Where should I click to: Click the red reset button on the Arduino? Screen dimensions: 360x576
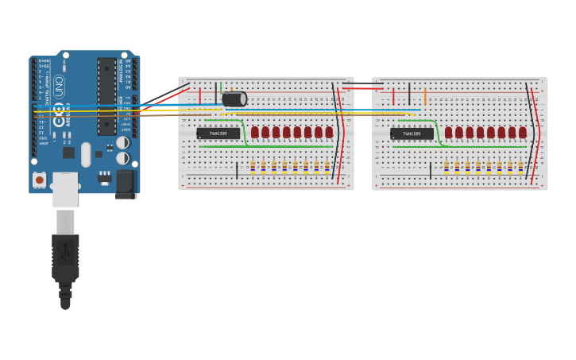[x=39, y=180]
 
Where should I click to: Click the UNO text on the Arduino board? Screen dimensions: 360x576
[x=60, y=87]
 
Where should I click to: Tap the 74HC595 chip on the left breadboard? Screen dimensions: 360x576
[x=218, y=134]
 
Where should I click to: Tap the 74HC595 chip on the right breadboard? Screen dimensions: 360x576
[x=412, y=134]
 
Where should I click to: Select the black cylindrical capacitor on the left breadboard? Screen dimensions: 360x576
[x=234, y=99]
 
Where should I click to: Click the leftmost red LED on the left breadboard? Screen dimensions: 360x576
[x=255, y=132]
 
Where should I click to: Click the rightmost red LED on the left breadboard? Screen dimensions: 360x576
[x=329, y=132]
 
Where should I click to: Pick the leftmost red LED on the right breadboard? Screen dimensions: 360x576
[x=449, y=132]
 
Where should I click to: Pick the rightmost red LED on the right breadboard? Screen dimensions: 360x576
[x=523, y=132]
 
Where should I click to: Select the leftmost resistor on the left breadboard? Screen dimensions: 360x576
[x=253, y=166]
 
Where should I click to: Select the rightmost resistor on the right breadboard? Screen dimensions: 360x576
[x=520, y=166]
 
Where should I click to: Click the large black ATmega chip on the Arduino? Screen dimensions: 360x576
[x=106, y=95]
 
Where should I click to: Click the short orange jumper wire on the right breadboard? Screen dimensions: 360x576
[x=425, y=97]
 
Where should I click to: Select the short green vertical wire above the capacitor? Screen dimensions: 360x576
[x=221, y=88]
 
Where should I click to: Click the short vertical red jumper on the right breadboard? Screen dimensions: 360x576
[x=393, y=97]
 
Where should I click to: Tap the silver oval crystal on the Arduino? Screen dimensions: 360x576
[x=86, y=154]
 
